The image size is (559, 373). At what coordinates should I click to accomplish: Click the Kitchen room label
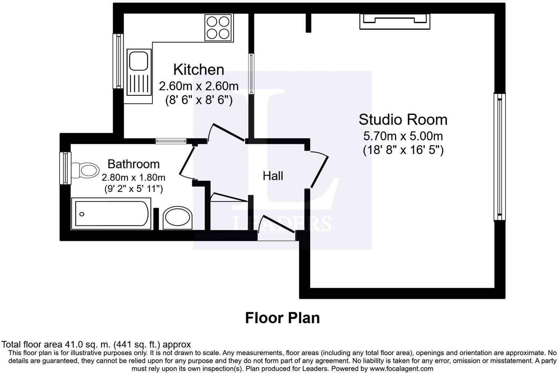click(198, 70)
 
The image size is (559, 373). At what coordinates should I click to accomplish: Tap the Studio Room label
click(403, 119)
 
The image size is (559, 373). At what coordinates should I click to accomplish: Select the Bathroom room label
click(134, 164)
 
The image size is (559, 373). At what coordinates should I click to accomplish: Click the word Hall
click(273, 176)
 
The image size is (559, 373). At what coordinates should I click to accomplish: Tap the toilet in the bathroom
click(86, 170)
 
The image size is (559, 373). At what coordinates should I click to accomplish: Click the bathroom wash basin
click(178, 218)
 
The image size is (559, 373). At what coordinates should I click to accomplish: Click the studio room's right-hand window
click(499, 157)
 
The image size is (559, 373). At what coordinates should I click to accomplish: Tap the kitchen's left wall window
click(118, 61)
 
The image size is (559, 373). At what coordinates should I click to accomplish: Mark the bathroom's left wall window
click(65, 168)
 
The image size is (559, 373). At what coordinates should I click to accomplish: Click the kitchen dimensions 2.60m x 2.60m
click(199, 86)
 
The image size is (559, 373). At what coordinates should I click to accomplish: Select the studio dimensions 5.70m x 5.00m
click(403, 136)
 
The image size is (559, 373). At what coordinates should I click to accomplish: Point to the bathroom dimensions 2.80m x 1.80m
click(133, 178)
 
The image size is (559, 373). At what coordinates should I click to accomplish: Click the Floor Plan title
click(282, 318)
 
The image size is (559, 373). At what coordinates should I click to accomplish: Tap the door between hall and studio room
click(320, 170)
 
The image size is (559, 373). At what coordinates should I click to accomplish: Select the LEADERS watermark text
click(282, 223)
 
